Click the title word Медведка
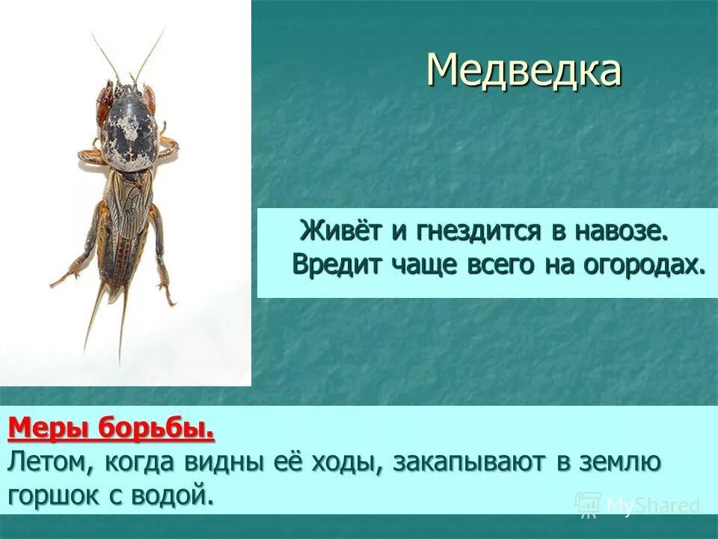pos(524,70)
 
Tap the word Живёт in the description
pos(340,231)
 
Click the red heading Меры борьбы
pos(111,430)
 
